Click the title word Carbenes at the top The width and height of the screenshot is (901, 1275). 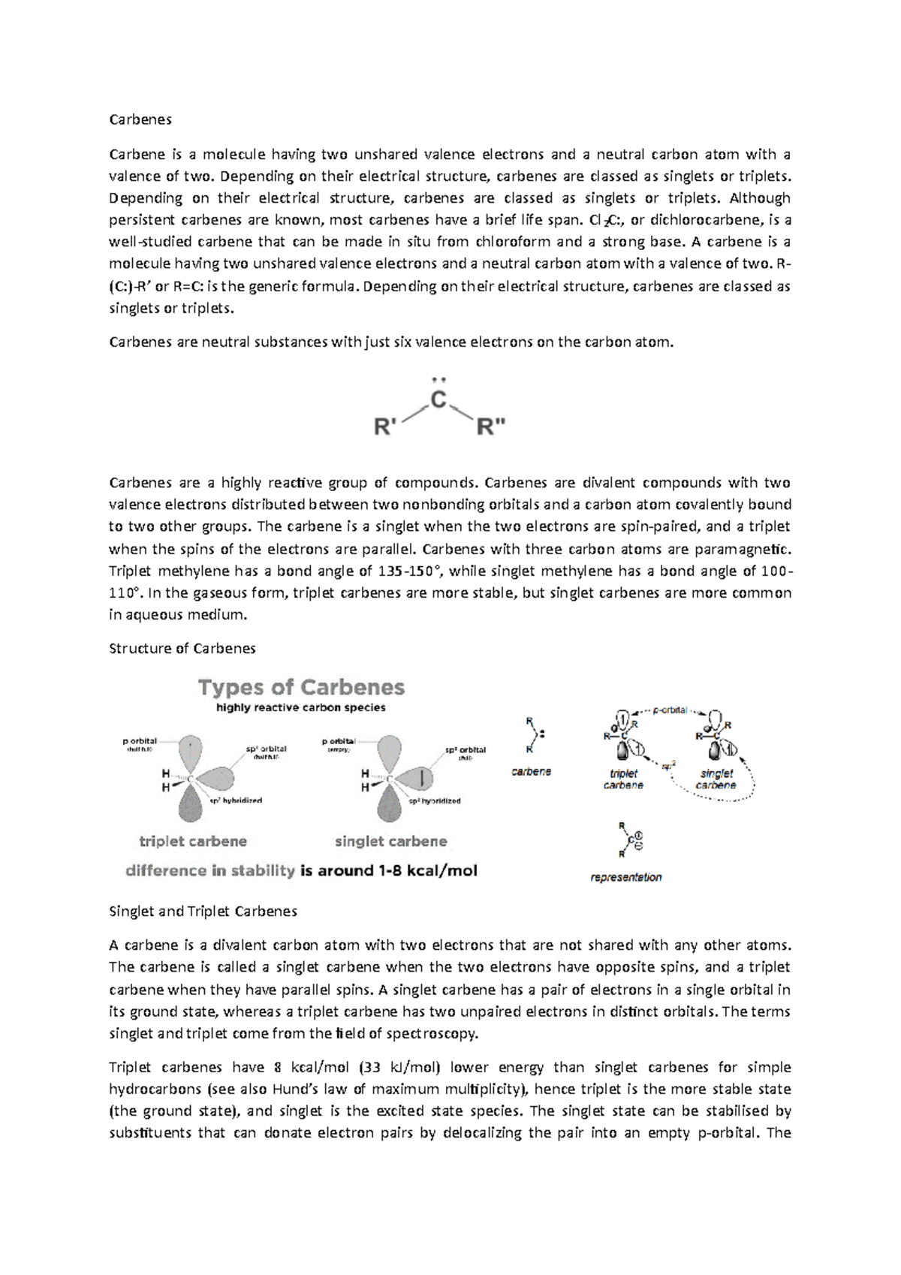(140, 119)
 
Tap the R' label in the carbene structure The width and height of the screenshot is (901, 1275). (385, 428)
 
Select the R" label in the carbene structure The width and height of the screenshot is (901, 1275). (492, 428)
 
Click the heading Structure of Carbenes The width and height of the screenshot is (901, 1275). (182, 648)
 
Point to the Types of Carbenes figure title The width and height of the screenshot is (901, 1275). (301, 687)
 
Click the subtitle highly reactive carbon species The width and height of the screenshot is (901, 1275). (300, 707)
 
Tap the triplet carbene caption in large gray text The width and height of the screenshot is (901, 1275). (193, 841)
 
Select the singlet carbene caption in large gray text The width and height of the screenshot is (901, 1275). (390, 841)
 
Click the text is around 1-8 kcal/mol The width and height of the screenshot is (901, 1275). (388, 870)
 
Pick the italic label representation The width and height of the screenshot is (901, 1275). (626, 877)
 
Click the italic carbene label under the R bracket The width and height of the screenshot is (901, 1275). (531, 771)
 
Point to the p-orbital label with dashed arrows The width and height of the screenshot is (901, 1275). (670, 710)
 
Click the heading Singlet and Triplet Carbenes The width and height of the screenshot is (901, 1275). (203, 911)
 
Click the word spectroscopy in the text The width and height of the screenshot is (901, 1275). (431, 1033)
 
